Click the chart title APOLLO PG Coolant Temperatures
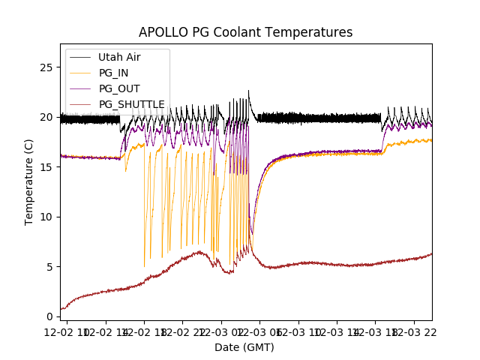tap(245, 32)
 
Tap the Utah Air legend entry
tap(119, 57)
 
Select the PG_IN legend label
tap(113, 73)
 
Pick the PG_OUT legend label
tap(118, 88)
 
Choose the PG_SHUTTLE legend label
tap(131, 104)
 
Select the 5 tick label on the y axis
tap(51, 266)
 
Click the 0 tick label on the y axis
tap(51, 316)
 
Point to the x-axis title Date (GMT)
tap(244, 347)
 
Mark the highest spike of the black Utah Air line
tap(249, 91)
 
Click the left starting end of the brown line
tap(61, 309)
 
